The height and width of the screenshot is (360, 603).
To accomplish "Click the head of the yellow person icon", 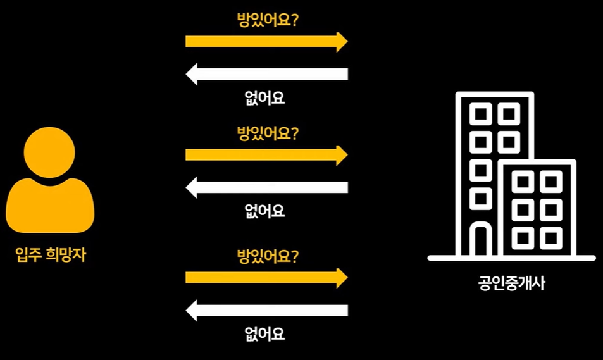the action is pyautogui.click(x=50, y=152).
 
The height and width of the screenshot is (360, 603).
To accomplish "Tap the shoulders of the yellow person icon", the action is pyautogui.click(x=50, y=206).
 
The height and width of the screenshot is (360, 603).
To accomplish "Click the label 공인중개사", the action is pyautogui.click(x=512, y=283).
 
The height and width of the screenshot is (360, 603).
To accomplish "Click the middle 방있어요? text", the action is pyautogui.click(x=268, y=133).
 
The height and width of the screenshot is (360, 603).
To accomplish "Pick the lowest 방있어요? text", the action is pyautogui.click(x=268, y=256).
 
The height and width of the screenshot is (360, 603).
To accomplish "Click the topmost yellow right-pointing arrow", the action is pyautogui.click(x=266, y=42).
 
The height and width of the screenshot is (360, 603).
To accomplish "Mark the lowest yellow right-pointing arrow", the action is pyautogui.click(x=266, y=277).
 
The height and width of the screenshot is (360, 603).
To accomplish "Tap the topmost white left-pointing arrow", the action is pyautogui.click(x=266, y=74).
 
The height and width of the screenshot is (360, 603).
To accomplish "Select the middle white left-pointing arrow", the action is pyautogui.click(x=266, y=187).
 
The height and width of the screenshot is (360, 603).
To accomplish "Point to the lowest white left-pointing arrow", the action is pyautogui.click(x=266, y=310).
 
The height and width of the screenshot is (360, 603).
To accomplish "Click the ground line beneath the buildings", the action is pyautogui.click(x=511, y=258).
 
